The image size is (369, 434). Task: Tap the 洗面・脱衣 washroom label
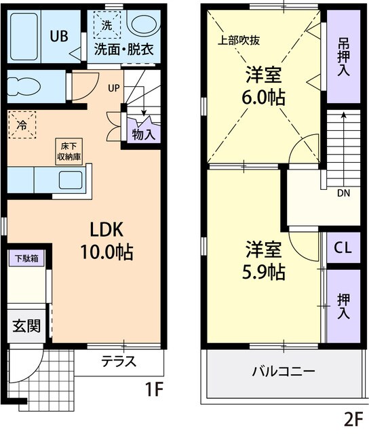point(123,48)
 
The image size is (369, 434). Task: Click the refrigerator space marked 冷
point(22,125)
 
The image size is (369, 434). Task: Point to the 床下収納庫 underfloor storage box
point(69,150)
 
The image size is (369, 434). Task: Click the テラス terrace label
point(119,361)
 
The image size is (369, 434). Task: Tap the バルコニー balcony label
point(282,372)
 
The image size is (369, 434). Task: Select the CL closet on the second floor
point(343,249)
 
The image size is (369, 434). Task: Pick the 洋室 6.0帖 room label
point(264,85)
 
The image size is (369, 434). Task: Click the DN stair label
point(344,193)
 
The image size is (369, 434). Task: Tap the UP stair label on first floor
point(113,87)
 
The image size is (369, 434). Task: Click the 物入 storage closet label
point(143,134)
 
